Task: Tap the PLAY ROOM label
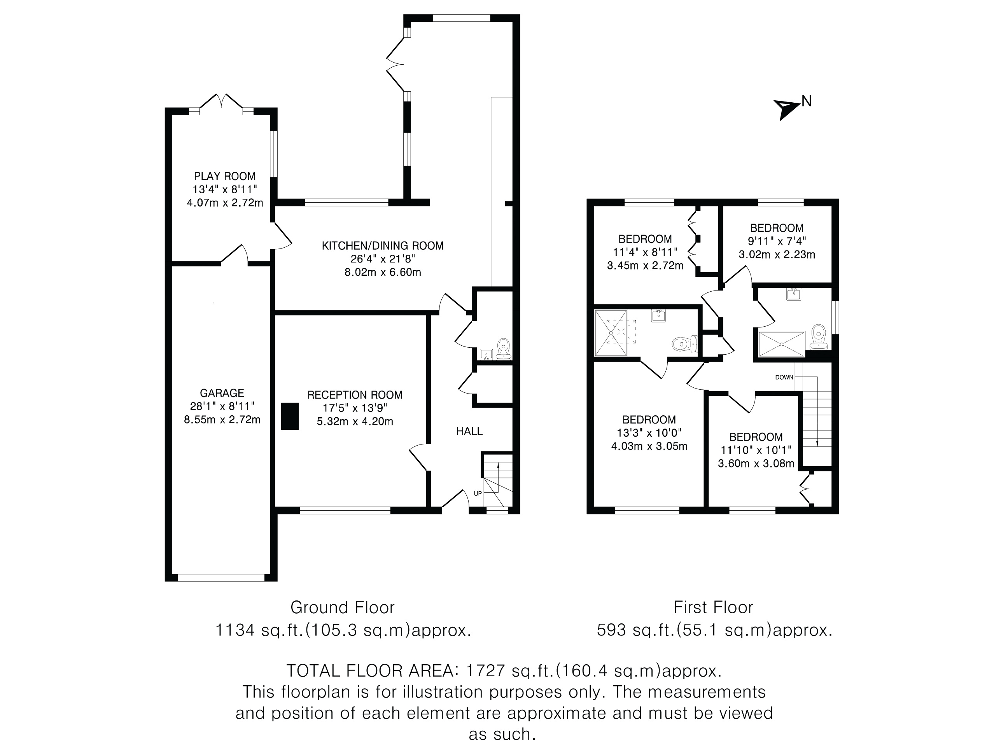[225, 176]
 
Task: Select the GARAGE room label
[222, 393]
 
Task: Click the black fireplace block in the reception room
[290, 416]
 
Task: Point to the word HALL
[469, 431]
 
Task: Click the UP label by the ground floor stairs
[478, 493]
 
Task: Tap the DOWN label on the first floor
[784, 377]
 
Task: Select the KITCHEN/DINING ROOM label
[383, 246]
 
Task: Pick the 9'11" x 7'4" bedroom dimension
[777, 241]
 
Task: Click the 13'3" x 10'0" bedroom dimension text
[649, 433]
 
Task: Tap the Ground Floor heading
[343, 607]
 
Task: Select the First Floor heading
[714, 607]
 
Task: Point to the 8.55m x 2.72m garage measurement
[222, 420]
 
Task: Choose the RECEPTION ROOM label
[355, 395]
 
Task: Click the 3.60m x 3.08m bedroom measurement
[756, 464]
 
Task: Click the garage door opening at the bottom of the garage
[221, 578]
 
